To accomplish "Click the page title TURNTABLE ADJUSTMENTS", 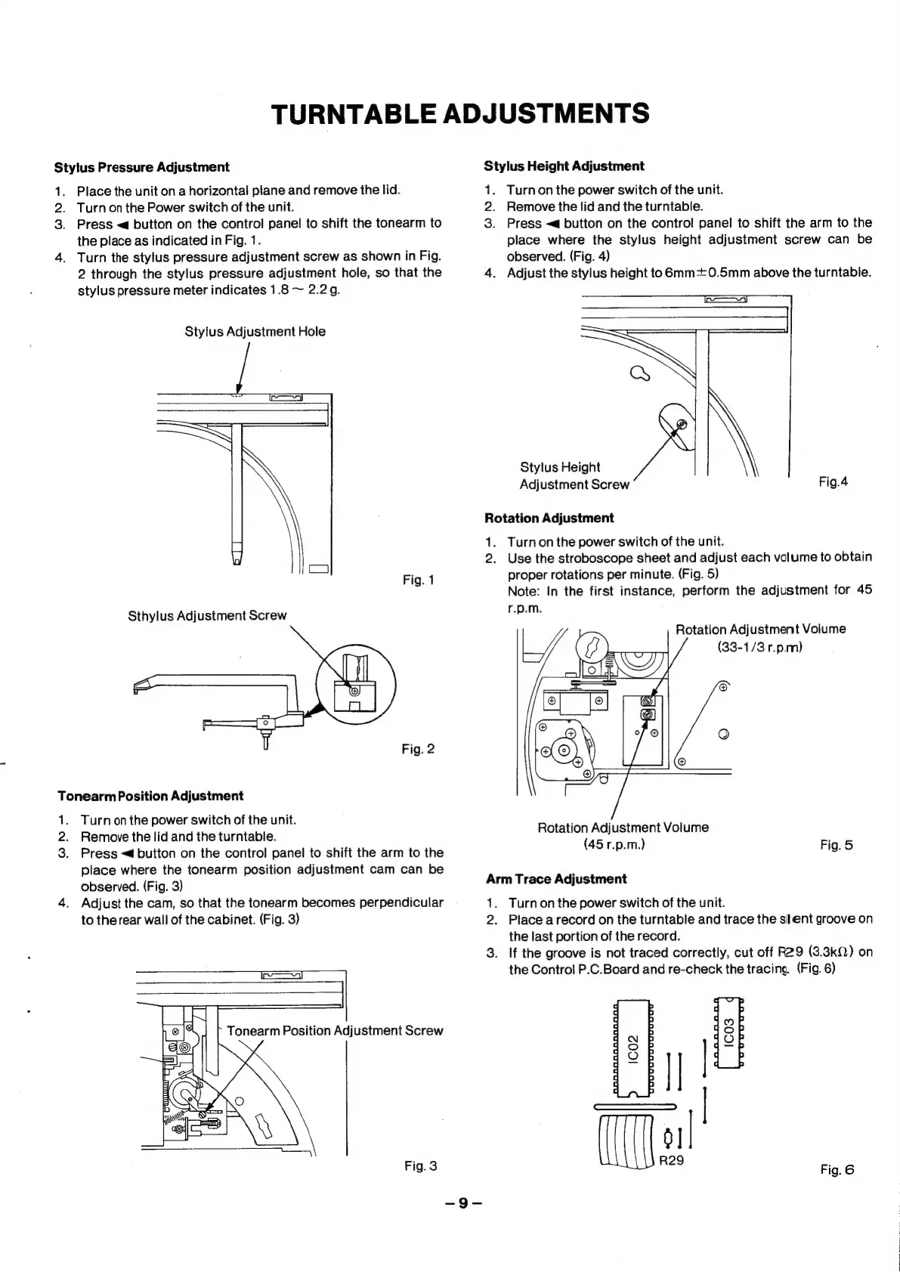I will (459, 113).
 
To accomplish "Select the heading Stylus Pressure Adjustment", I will (141, 167).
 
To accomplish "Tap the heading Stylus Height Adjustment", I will (564, 166).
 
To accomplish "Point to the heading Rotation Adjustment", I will (549, 518).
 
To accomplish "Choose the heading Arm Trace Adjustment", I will (556, 879).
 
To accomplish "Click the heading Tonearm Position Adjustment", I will (150, 797).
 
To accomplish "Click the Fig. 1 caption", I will (418, 580).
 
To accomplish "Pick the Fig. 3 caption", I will (421, 1166).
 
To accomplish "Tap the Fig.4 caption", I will (834, 481).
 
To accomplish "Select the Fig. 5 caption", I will (837, 846).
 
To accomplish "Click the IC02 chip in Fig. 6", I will (635, 1048).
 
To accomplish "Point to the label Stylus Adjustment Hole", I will (255, 332).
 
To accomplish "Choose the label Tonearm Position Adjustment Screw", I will (335, 1031).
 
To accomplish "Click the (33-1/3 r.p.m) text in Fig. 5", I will (759, 648).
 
